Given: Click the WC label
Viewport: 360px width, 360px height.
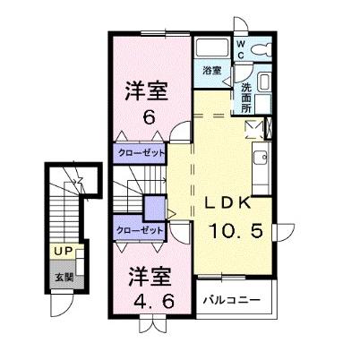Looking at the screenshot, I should (241, 46).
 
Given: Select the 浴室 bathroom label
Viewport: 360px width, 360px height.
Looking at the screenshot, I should (211, 71).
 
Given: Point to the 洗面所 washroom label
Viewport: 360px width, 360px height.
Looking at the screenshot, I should (246, 96).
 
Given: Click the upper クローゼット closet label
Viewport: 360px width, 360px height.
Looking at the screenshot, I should (141, 153).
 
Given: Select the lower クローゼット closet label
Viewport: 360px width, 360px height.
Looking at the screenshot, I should (141, 230).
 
